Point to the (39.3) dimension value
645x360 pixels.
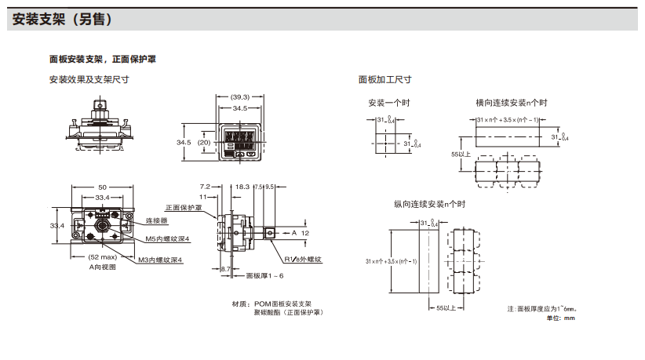click(239, 97)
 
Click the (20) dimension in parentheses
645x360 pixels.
click(203, 143)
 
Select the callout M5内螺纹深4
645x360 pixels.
click(167, 238)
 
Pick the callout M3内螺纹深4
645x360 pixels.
click(161, 259)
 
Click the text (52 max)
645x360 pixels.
click(103, 258)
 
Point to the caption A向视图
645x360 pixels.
click(103, 267)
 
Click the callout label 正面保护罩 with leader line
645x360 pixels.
click(183, 208)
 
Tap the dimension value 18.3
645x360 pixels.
click(242, 187)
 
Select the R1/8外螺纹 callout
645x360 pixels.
click(304, 259)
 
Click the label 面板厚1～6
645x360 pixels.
click(264, 275)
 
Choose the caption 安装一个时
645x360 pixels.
click(389, 103)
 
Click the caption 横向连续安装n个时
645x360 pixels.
click(511, 103)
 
